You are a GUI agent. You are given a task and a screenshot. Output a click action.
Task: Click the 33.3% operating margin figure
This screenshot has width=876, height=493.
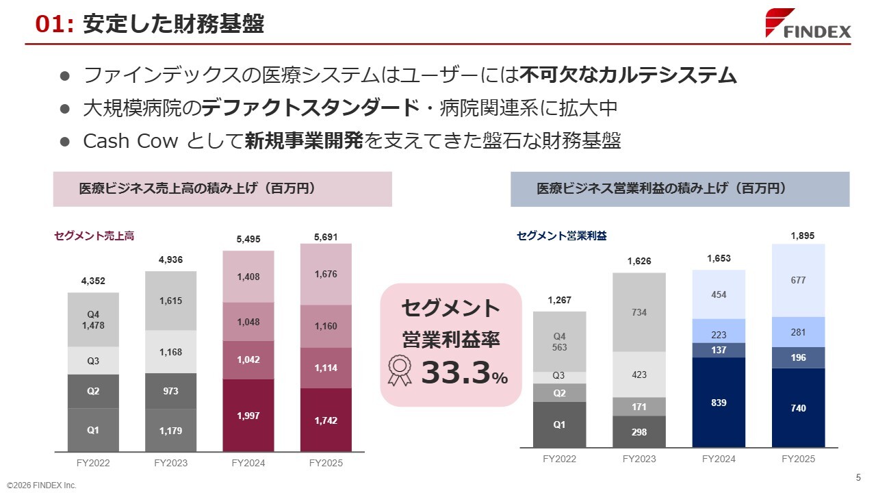pyautogui.click(x=464, y=373)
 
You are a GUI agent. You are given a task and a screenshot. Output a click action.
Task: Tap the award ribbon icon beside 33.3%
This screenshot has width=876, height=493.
pyautogui.click(x=399, y=370)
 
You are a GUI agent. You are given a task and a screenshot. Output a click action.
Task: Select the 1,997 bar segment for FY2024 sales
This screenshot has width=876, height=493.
pyautogui.click(x=248, y=416)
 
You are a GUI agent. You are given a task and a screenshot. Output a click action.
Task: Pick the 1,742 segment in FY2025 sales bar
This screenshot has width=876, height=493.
pyautogui.click(x=326, y=420)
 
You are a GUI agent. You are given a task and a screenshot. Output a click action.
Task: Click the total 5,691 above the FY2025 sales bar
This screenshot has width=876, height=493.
pyautogui.click(x=326, y=237)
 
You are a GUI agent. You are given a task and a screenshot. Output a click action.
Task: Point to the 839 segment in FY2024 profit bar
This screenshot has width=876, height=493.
pyautogui.click(x=719, y=403)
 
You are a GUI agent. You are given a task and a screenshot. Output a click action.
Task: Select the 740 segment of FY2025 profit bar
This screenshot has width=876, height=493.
pyautogui.click(x=798, y=408)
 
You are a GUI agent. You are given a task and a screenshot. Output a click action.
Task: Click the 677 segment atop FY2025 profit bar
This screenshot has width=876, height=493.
pyautogui.click(x=798, y=280)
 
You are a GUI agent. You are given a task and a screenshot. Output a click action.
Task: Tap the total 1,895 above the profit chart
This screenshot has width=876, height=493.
pyautogui.click(x=802, y=236)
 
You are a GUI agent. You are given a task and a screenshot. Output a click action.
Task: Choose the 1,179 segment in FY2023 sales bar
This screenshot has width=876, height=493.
pyautogui.click(x=171, y=431)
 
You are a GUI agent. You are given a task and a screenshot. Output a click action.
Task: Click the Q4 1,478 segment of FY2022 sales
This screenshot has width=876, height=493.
pyautogui.click(x=93, y=320)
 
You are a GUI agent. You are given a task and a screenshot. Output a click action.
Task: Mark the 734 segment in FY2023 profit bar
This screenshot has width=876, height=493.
pyautogui.click(x=639, y=312)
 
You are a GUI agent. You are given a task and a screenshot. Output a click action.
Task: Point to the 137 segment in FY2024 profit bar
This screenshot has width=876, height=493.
pyautogui.click(x=719, y=350)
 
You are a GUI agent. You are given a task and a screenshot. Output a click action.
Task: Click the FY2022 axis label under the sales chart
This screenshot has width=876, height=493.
pyautogui.click(x=93, y=464)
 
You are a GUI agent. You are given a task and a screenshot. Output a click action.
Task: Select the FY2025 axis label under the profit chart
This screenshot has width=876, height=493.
pyautogui.click(x=798, y=459)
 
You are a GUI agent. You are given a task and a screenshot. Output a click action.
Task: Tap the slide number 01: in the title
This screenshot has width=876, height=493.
pyautogui.click(x=54, y=25)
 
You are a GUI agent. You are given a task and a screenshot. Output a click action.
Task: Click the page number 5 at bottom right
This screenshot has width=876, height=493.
pyautogui.click(x=858, y=477)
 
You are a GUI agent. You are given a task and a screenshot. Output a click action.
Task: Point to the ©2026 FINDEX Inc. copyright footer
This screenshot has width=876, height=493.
pyautogui.click(x=42, y=485)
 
